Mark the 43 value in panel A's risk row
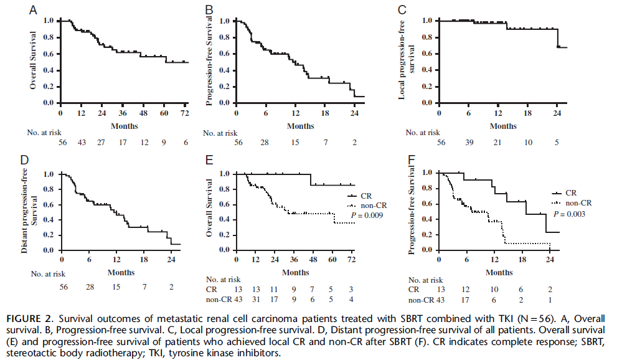pos(81,143)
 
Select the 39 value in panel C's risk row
pos(469,143)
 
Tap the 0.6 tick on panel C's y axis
pos(426,54)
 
